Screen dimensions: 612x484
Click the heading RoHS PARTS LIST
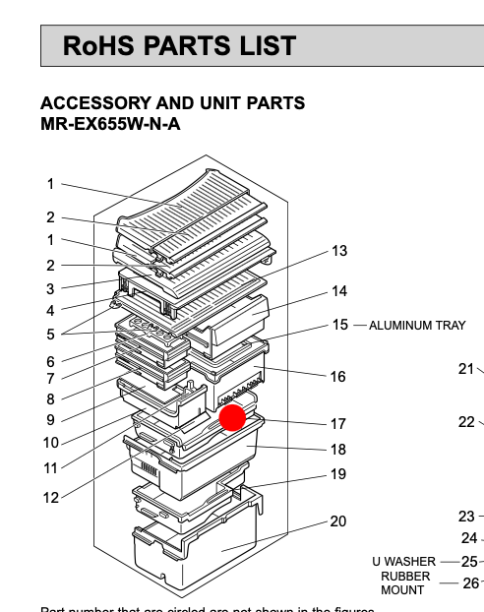pos(179,46)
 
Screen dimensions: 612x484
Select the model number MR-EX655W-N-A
pos(110,124)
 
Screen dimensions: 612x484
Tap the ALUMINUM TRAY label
pos(417,326)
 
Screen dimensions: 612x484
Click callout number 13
pos(338,251)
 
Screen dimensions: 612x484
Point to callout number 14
pos(338,291)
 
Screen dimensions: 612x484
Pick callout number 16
pos(338,376)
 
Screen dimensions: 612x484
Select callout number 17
pos(338,424)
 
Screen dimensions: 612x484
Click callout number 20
pos(338,521)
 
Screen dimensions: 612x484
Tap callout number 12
pos(50,498)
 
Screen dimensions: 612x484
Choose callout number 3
pos(50,289)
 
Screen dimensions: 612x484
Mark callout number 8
pos(50,399)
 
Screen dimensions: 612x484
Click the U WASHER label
pos(403,562)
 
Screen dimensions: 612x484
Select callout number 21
pos(466,369)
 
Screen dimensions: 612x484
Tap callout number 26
pos(470,583)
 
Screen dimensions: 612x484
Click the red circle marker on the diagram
pos(232,417)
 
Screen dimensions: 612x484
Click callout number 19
pos(338,474)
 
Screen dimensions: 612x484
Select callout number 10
pos(50,443)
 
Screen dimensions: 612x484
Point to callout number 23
pos(466,516)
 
